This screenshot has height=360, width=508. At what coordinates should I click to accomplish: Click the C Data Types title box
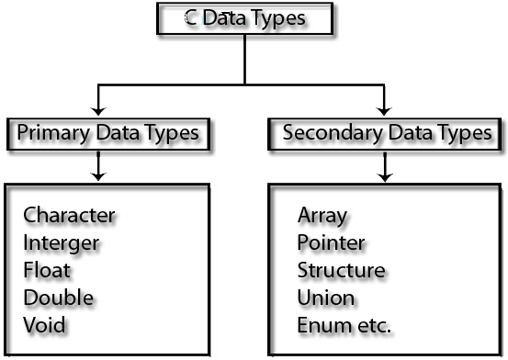point(244,19)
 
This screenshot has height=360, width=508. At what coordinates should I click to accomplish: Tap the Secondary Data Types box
point(386,133)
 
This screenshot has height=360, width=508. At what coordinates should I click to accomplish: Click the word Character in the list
point(70,216)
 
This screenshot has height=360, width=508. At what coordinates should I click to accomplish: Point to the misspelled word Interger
point(62,243)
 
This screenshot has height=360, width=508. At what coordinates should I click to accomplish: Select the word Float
point(47,271)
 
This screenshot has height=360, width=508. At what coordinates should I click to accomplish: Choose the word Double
point(59,298)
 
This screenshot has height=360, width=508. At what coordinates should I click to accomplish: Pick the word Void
point(45,325)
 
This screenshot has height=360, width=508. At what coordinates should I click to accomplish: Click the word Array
point(322,216)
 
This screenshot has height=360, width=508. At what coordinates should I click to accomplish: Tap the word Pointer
point(331,243)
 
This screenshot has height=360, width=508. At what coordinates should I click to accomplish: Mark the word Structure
point(341,271)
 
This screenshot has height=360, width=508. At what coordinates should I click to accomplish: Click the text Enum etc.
point(344,325)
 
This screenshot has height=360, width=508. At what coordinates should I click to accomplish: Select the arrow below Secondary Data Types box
point(385,167)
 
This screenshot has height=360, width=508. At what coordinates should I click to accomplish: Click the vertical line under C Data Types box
point(244,60)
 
